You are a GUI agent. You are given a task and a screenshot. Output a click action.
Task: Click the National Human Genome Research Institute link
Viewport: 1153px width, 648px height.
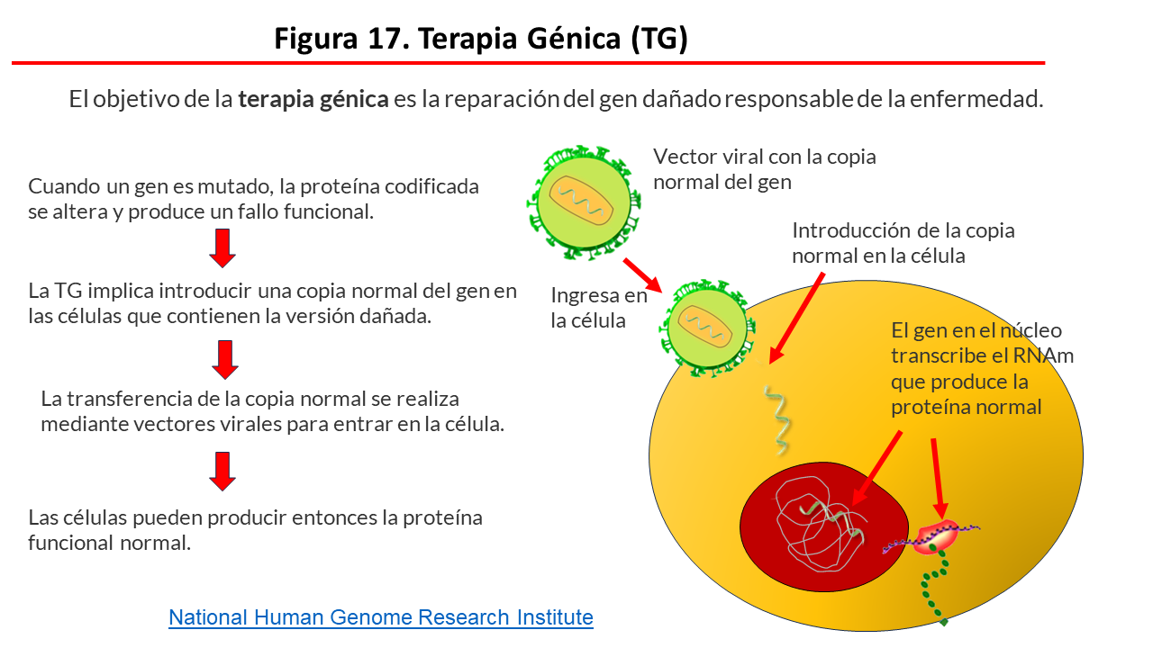381,617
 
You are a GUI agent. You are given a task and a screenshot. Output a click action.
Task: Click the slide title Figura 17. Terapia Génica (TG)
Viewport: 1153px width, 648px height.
481,39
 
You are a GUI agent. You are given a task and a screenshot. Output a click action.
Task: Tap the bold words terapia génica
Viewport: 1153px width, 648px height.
313,99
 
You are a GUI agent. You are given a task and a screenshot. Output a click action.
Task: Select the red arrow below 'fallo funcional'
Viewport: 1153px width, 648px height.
222,248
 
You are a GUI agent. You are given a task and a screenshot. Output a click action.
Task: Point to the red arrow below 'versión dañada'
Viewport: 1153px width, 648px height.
225,359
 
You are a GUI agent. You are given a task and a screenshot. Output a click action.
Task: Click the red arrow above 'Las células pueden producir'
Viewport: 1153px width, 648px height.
222,471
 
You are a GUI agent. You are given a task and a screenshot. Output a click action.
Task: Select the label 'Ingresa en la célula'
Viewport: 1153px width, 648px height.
599,307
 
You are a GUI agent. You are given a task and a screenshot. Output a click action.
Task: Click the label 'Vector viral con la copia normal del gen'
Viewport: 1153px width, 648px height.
764,168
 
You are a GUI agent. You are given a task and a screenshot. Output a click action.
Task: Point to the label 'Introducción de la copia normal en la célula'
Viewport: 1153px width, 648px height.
903,242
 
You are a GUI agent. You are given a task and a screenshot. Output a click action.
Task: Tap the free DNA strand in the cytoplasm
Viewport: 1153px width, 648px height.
777,419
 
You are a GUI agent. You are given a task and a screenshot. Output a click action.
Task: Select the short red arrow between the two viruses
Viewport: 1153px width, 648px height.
642,275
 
